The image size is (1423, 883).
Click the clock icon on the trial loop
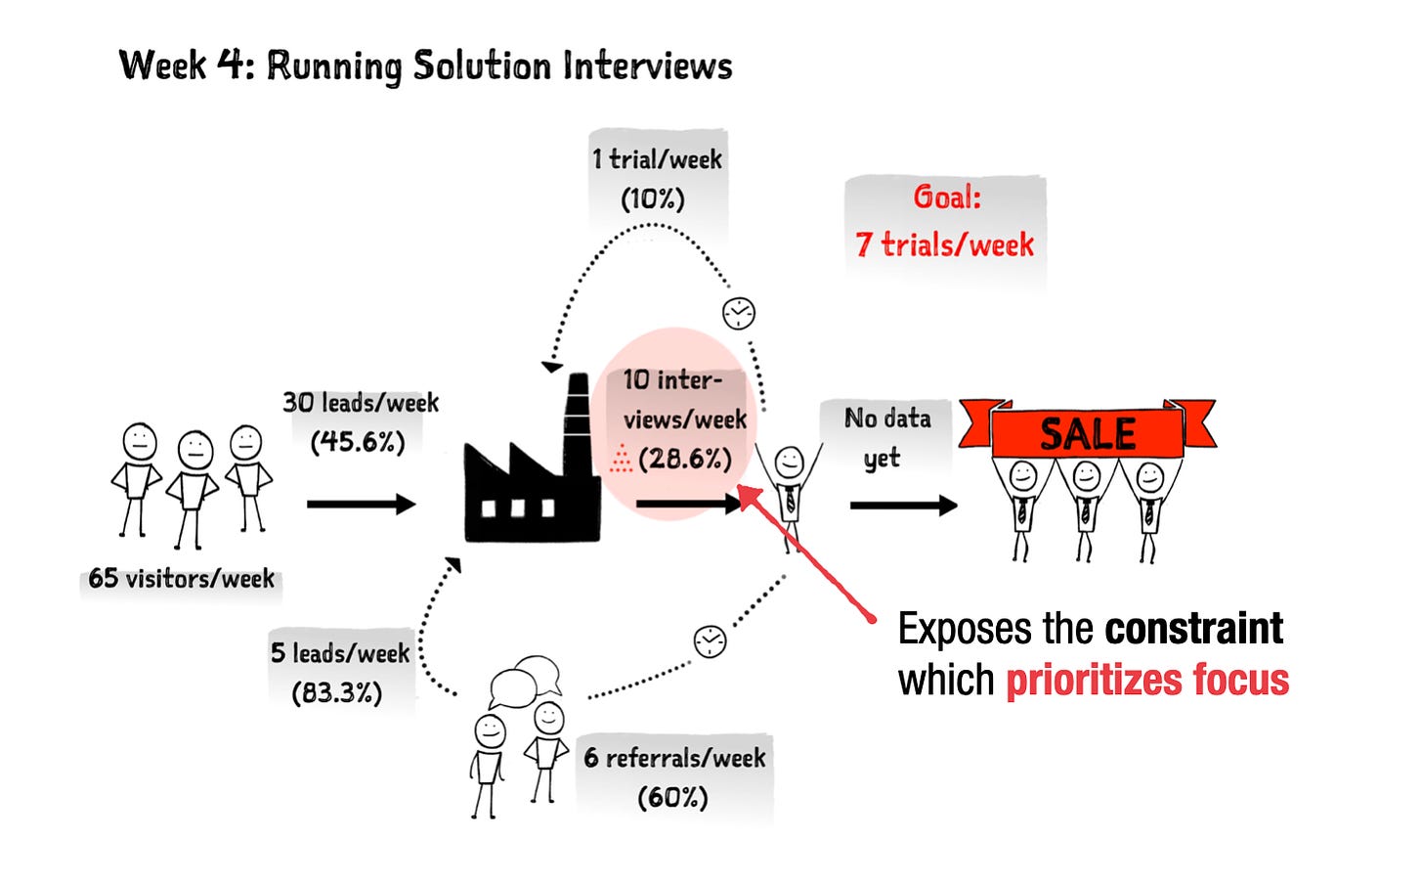click(x=739, y=313)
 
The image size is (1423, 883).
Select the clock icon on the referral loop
click(x=710, y=641)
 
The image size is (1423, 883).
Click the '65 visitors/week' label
click(x=181, y=578)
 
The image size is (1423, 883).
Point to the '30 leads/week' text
click(x=361, y=402)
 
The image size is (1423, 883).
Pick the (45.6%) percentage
click(x=358, y=442)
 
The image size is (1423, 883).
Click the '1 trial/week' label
click(x=657, y=159)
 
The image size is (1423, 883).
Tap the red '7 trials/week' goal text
click(x=944, y=244)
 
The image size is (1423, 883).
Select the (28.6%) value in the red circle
click(x=684, y=459)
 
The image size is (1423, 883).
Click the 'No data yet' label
click(x=886, y=437)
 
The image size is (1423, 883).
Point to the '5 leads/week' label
click(x=340, y=652)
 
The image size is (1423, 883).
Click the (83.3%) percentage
click(x=337, y=692)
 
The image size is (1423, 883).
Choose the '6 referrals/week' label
click(x=674, y=758)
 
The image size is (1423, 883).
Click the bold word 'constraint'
click(x=1193, y=629)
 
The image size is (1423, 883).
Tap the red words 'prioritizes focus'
click(x=1147, y=680)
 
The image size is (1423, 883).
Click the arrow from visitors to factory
click(x=361, y=505)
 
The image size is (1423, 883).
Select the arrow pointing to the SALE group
click(x=903, y=506)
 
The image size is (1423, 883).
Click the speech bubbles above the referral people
click(x=526, y=679)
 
